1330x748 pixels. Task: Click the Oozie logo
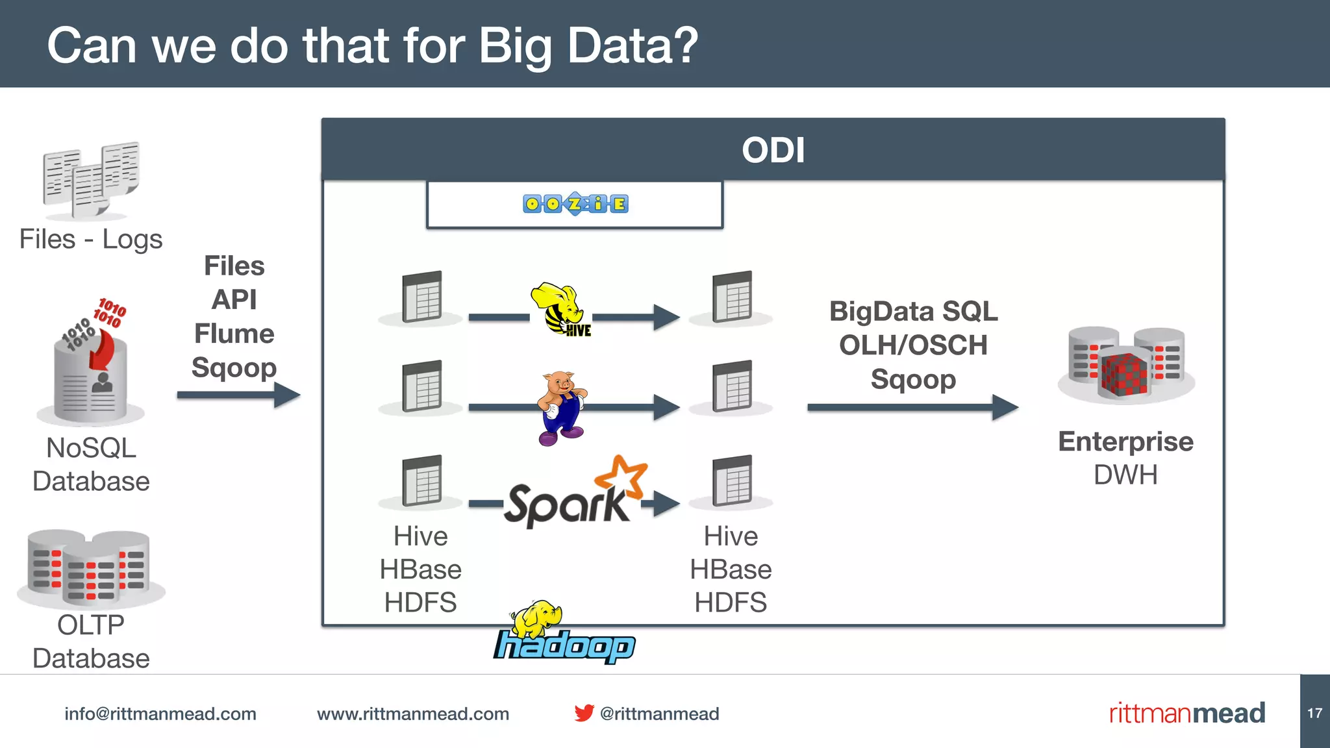coord(575,204)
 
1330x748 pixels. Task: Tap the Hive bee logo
coord(560,309)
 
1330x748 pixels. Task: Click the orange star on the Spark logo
coord(621,475)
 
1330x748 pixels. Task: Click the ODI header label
coord(773,150)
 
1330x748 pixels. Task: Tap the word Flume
coord(234,334)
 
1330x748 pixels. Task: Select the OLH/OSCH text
coord(912,345)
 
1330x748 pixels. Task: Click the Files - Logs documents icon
coord(91,180)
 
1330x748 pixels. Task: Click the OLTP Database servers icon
coord(91,567)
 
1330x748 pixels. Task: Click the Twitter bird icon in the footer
coord(583,713)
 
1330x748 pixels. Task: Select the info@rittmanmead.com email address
coord(160,714)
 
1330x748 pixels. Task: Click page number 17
coord(1314,713)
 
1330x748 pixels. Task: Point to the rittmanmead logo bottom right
coord(1186,713)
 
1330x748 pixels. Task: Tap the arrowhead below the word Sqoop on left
coord(286,395)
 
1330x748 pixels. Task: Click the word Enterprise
coord(1125,442)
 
